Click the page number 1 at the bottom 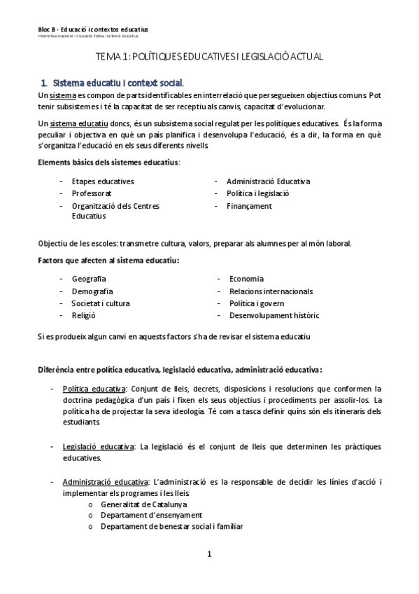pyautogui.click(x=208, y=554)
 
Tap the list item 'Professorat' pyautogui.click(x=92, y=193)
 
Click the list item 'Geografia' pyautogui.click(x=89, y=279)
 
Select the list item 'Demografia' pyautogui.click(x=92, y=291)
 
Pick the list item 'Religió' pyautogui.click(x=84, y=316)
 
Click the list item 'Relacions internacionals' pyautogui.click(x=271, y=291)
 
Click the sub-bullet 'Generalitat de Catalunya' pyautogui.click(x=143, y=504)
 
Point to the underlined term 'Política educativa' pyautogui.click(x=94, y=388)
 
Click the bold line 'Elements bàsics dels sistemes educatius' pyautogui.click(x=108, y=163)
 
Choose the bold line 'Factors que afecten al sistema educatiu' pyautogui.click(x=108, y=261)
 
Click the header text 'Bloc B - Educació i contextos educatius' pyautogui.click(x=92, y=29)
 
